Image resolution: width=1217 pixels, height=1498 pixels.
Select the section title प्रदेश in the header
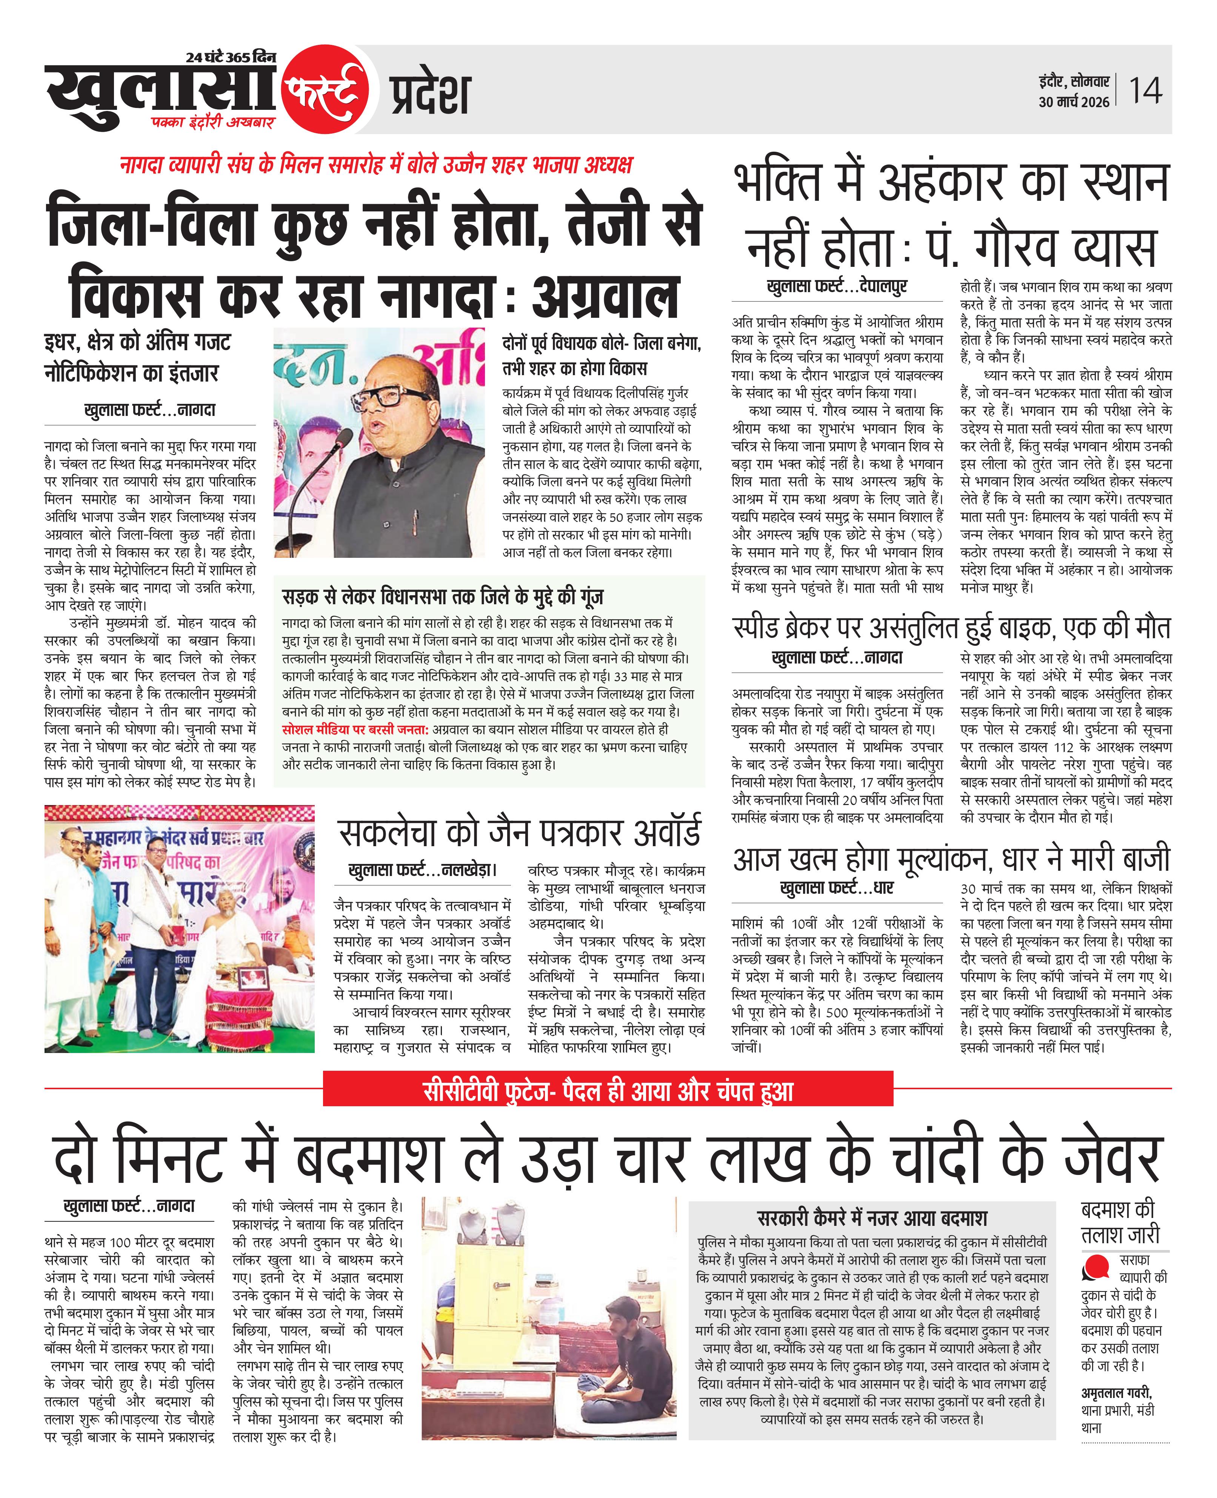point(429,95)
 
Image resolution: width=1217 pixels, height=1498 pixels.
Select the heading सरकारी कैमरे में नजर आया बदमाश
point(871,1218)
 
